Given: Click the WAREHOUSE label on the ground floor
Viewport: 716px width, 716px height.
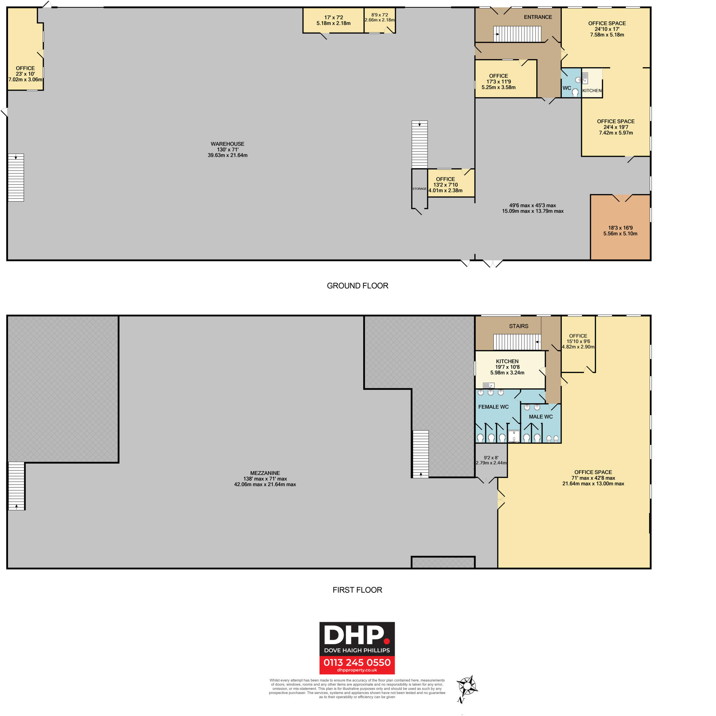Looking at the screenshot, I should point(227,144).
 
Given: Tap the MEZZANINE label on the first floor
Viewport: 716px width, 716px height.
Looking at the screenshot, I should point(265,473).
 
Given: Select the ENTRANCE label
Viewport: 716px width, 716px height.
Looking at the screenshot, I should point(538,17).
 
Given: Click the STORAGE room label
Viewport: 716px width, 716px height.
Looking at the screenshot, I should point(419,189).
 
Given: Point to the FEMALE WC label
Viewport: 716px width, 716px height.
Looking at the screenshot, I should point(493,407).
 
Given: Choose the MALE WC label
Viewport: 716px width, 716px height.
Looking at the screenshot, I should point(541,416).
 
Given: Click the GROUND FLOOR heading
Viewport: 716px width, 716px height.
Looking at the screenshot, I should point(357,286).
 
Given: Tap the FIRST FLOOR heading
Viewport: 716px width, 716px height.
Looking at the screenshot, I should point(357,590).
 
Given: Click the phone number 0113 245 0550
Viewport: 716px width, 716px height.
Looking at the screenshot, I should point(357,662).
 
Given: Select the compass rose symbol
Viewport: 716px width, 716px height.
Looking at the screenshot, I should point(467,687).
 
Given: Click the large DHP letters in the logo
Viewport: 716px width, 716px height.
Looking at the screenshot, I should point(354,636).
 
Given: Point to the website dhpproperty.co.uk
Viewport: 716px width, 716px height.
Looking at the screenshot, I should point(357,670).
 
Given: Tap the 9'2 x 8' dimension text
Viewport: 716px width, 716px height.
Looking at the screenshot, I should point(491,458).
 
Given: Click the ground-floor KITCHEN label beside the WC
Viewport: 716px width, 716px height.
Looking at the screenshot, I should point(592,91).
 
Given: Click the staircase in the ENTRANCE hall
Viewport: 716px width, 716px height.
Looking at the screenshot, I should point(517,34).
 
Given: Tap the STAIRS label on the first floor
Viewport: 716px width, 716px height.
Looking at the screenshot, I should point(518,326).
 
